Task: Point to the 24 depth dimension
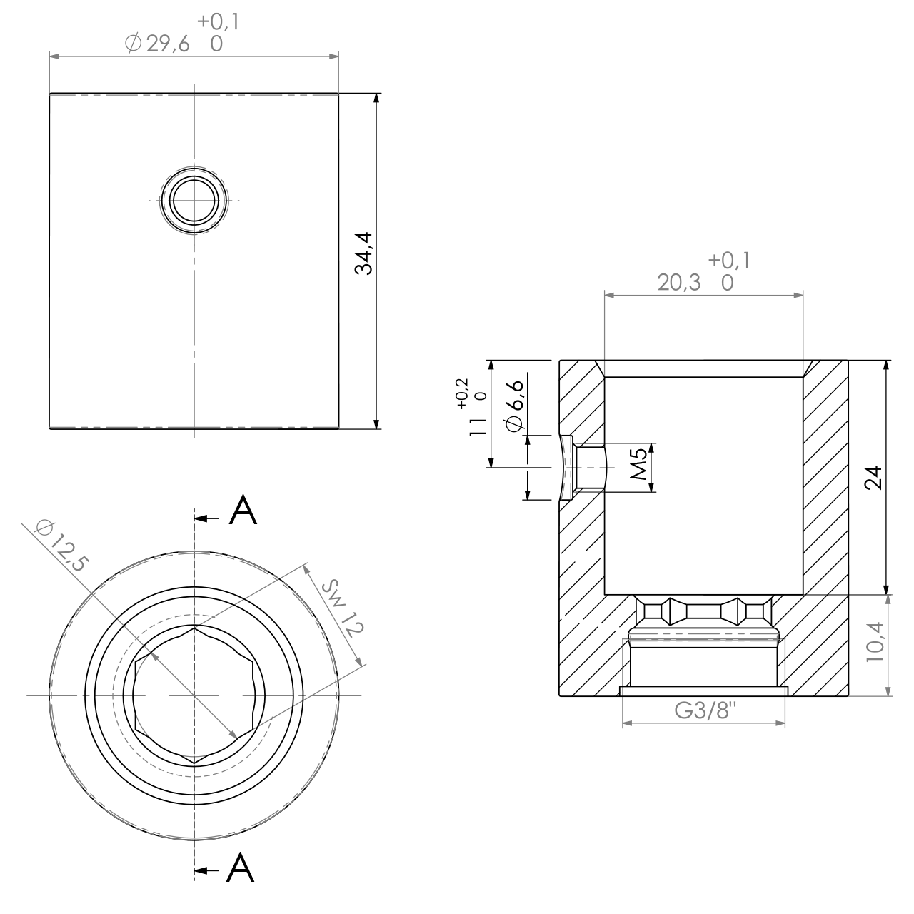point(873,478)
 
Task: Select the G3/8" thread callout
point(703,711)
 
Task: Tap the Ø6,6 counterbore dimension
point(515,405)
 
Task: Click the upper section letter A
point(243,512)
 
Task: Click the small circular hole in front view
point(194,200)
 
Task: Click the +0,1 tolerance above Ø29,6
point(219,22)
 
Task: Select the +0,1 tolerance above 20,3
point(729,261)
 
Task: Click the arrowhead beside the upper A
point(202,518)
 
